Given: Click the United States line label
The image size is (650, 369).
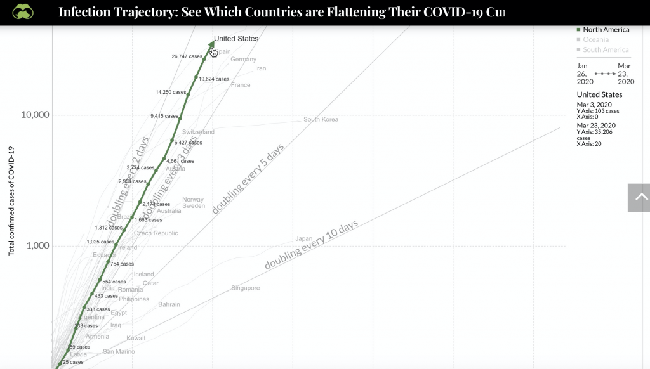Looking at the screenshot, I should click(x=236, y=39).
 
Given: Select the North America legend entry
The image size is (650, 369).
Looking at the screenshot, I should click(x=606, y=29).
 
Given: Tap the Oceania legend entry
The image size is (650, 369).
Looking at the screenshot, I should click(x=597, y=39).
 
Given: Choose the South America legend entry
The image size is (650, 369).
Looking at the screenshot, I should click(x=606, y=49).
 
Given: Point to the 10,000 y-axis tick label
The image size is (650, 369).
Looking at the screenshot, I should click(x=36, y=115).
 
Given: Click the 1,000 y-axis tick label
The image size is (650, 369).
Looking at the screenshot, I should click(x=38, y=246).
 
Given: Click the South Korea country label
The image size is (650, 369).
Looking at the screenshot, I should click(x=321, y=119).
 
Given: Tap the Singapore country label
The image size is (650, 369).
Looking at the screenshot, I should click(x=246, y=288).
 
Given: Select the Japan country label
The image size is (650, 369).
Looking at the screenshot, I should click(x=303, y=239).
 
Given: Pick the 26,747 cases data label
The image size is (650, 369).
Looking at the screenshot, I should click(x=187, y=56).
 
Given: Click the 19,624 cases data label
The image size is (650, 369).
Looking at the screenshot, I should click(x=214, y=79).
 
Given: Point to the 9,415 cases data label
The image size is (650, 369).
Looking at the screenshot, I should click(x=164, y=116).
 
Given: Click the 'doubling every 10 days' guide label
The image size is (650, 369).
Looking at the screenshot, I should click(x=311, y=245).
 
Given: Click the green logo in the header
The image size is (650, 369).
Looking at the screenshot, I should click(x=23, y=12).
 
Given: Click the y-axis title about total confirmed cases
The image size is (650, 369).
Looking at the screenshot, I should click(x=11, y=200).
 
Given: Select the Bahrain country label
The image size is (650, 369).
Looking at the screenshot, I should click(x=169, y=304).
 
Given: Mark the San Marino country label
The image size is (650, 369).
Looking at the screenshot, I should click(x=119, y=351).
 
